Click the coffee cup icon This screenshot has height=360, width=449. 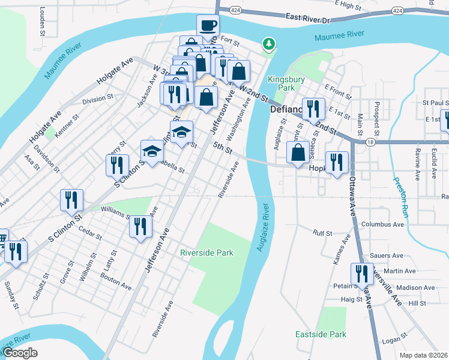[x=208, y=26]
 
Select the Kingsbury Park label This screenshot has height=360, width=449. [x=286, y=83]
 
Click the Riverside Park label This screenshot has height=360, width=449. [x=206, y=253]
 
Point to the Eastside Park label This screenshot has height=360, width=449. [x=321, y=334]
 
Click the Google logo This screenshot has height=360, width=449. [x=20, y=353]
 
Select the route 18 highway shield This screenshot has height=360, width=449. [x=370, y=142]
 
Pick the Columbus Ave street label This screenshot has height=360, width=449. [x=382, y=224]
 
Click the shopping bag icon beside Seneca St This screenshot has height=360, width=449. [x=298, y=152]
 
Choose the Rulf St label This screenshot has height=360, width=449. [x=322, y=233]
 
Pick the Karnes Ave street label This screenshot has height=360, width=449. [x=341, y=253]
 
